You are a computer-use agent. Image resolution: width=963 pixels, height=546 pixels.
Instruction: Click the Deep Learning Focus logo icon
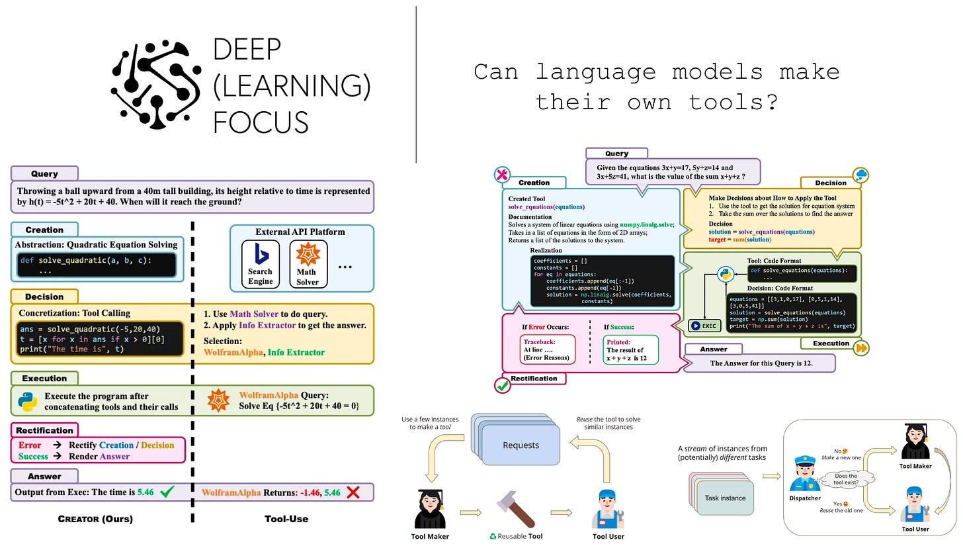click(155, 85)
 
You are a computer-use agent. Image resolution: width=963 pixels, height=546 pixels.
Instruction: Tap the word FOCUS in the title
click(261, 122)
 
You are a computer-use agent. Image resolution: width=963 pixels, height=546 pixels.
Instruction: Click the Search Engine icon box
click(260, 264)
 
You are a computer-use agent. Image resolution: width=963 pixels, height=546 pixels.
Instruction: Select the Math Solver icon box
click(306, 264)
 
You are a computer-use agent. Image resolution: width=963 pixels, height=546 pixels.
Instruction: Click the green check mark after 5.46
click(167, 492)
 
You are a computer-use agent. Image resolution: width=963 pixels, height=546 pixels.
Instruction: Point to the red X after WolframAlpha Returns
click(353, 492)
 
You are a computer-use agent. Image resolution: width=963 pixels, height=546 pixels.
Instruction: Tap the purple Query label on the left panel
click(44, 173)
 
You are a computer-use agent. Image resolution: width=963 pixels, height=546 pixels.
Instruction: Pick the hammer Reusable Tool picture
click(515, 510)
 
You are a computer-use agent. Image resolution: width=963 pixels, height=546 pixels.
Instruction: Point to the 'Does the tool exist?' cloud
click(846, 480)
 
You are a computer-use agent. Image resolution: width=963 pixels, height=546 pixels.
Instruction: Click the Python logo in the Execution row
click(27, 400)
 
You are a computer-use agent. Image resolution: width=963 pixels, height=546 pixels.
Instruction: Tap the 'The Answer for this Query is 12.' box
click(759, 363)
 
